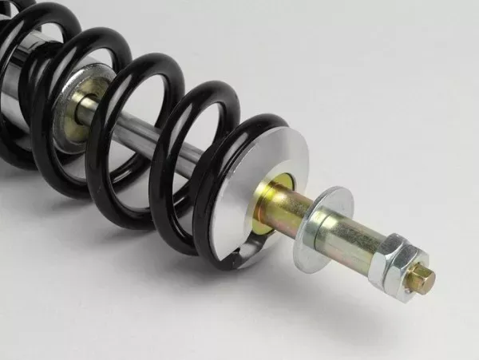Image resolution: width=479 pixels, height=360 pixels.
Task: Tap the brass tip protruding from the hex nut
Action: coord(423,280)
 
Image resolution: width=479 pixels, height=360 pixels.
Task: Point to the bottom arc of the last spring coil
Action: coord(216,239)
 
